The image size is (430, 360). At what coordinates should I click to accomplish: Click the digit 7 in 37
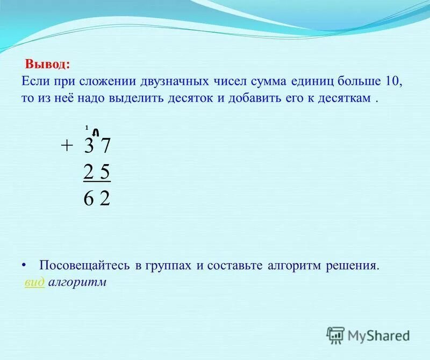pyautogui.click(x=105, y=147)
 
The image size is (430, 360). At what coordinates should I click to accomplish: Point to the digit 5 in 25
pyautogui.click(x=105, y=173)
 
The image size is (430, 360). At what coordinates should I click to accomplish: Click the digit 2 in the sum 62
pyautogui.click(x=105, y=199)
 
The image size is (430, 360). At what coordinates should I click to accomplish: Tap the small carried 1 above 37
pyautogui.click(x=86, y=128)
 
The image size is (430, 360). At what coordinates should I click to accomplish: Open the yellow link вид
pyautogui.click(x=34, y=283)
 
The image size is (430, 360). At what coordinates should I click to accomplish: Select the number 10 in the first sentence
pyautogui.click(x=393, y=81)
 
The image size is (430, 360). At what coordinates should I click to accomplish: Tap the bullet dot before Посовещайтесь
pyautogui.click(x=24, y=266)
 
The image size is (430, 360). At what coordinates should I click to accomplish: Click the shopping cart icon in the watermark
pyautogui.click(x=335, y=335)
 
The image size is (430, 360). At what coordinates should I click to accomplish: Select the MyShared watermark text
pyautogui.click(x=378, y=335)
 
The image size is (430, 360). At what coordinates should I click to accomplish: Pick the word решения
pyautogui.click(x=354, y=266)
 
